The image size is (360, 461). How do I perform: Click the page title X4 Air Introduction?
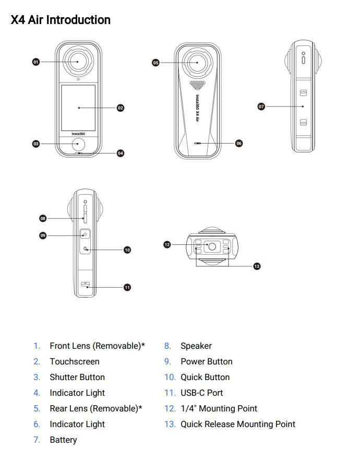(x=61, y=20)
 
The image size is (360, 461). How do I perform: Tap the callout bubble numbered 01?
(x=36, y=62)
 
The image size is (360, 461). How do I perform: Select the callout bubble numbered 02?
(x=121, y=108)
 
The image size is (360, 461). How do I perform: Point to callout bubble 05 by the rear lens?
(x=155, y=63)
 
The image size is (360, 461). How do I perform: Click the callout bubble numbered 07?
(x=261, y=107)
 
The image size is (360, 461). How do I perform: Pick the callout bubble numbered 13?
(x=256, y=266)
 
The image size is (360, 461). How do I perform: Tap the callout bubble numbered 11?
(x=127, y=287)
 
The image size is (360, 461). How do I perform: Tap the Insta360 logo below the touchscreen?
(x=78, y=133)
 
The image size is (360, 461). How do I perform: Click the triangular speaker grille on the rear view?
(x=197, y=84)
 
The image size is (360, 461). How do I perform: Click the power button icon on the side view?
(x=85, y=234)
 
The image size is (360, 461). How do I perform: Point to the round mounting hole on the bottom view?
(x=212, y=245)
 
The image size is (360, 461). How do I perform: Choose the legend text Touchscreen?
(x=75, y=361)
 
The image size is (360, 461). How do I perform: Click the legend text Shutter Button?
(x=77, y=377)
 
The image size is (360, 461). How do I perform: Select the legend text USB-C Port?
(x=202, y=393)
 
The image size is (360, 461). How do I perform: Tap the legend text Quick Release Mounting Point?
(x=238, y=424)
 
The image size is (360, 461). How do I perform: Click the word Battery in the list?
(x=63, y=440)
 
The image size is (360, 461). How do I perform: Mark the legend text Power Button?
(x=207, y=361)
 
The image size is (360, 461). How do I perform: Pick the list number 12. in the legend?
(x=170, y=408)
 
